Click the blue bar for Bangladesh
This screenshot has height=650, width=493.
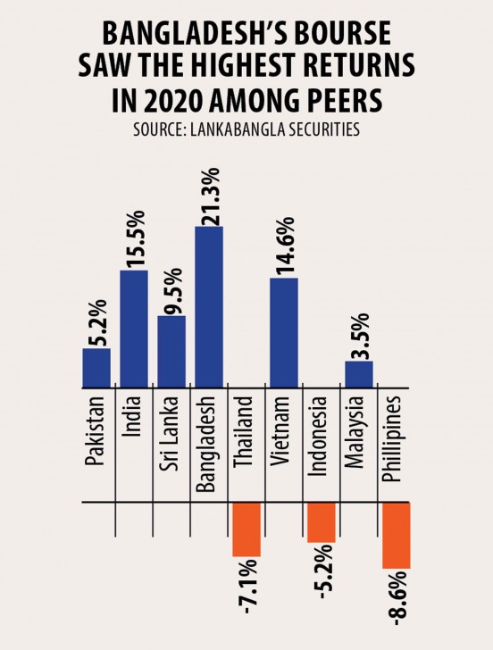209,307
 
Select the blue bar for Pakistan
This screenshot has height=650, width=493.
96,368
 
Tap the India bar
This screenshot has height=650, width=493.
134,329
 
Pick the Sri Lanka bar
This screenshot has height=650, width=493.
171,352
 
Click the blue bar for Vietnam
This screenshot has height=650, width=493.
284,333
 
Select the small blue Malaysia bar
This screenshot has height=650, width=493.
359,374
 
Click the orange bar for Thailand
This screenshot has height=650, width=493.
246,529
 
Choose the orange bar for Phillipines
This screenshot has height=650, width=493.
396,536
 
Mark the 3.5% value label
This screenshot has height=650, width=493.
359,330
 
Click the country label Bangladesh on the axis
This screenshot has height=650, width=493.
209,440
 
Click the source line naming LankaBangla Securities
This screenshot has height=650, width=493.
246,129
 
